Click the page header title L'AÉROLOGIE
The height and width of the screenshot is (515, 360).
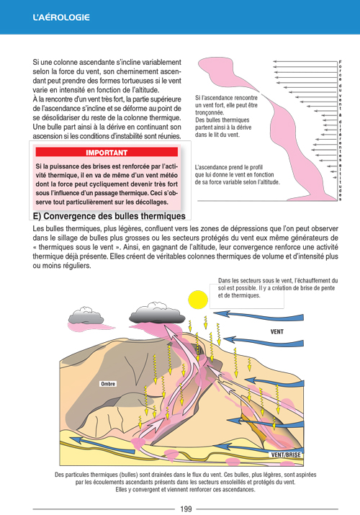[61, 17]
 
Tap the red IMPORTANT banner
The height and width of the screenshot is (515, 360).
[107, 152]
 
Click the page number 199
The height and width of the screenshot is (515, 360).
[186, 509]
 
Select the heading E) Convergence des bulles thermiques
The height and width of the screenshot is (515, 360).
[109, 216]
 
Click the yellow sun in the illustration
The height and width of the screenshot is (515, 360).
[198, 300]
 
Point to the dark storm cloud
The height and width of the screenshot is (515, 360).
[157, 313]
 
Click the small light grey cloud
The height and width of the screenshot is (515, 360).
[86, 315]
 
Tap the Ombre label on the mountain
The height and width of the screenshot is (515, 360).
[107, 384]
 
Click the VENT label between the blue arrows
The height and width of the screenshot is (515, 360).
[277, 332]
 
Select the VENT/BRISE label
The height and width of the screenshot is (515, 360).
[286, 455]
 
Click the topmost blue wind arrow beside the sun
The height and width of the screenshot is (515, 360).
[258, 315]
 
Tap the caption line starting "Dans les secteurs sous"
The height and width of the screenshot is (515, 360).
[278, 281]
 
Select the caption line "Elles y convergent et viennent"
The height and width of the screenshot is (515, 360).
[185, 490]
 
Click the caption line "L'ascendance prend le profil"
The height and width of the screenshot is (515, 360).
[229, 167]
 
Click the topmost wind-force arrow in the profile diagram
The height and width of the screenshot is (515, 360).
[305, 61]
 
